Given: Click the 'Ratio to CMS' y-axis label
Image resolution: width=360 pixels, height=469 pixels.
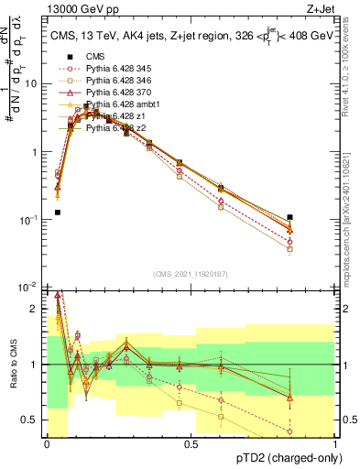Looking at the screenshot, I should click(x=14, y=365).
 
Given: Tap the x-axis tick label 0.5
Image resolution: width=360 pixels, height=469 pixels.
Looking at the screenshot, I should click(x=191, y=444).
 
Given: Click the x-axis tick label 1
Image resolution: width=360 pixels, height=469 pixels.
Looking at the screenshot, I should click(x=335, y=444).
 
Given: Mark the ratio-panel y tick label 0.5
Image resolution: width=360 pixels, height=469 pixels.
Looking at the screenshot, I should click(x=32, y=420).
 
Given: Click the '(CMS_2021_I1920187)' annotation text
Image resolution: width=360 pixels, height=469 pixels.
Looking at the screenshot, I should click(x=190, y=274).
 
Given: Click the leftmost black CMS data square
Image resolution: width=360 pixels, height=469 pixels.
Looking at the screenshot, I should click(x=58, y=213).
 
